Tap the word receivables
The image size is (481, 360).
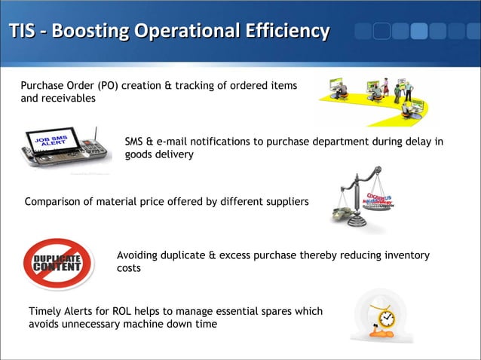[x=69, y=99]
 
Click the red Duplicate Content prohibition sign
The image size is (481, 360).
[x=57, y=264]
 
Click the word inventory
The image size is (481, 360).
[x=405, y=256]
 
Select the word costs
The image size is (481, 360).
[x=129, y=269]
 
